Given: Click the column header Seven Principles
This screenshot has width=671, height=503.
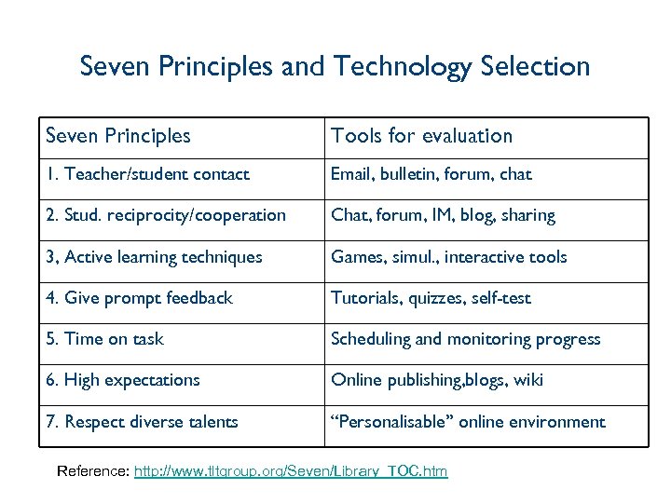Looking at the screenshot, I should (x=118, y=136).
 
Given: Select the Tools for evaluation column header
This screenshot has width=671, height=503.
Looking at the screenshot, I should (x=421, y=136).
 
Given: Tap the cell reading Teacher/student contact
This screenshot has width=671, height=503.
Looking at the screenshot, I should (x=148, y=174).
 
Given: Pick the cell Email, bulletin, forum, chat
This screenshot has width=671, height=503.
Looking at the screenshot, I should (x=431, y=174).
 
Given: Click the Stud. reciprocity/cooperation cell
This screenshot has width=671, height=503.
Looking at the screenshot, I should (x=166, y=215).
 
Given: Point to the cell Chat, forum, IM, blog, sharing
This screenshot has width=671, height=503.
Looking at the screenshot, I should (x=443, y=215).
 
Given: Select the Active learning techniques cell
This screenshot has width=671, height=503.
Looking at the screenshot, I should (x=154, y=257).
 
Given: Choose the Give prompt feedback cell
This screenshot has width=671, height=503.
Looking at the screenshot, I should (x=139, y=298).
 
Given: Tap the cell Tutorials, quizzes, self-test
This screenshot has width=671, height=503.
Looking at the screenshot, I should (x=431, y=298).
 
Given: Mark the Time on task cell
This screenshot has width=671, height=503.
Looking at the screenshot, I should (x=104, y=339).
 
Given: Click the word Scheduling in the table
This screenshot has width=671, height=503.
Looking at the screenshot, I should (x=371, y=339).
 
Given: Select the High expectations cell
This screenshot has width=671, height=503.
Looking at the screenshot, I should (x=123, y=380).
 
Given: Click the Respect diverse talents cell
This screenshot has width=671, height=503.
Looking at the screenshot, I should (x=142, y=422).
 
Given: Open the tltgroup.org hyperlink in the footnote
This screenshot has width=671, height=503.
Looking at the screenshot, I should (x=291, y=471).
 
